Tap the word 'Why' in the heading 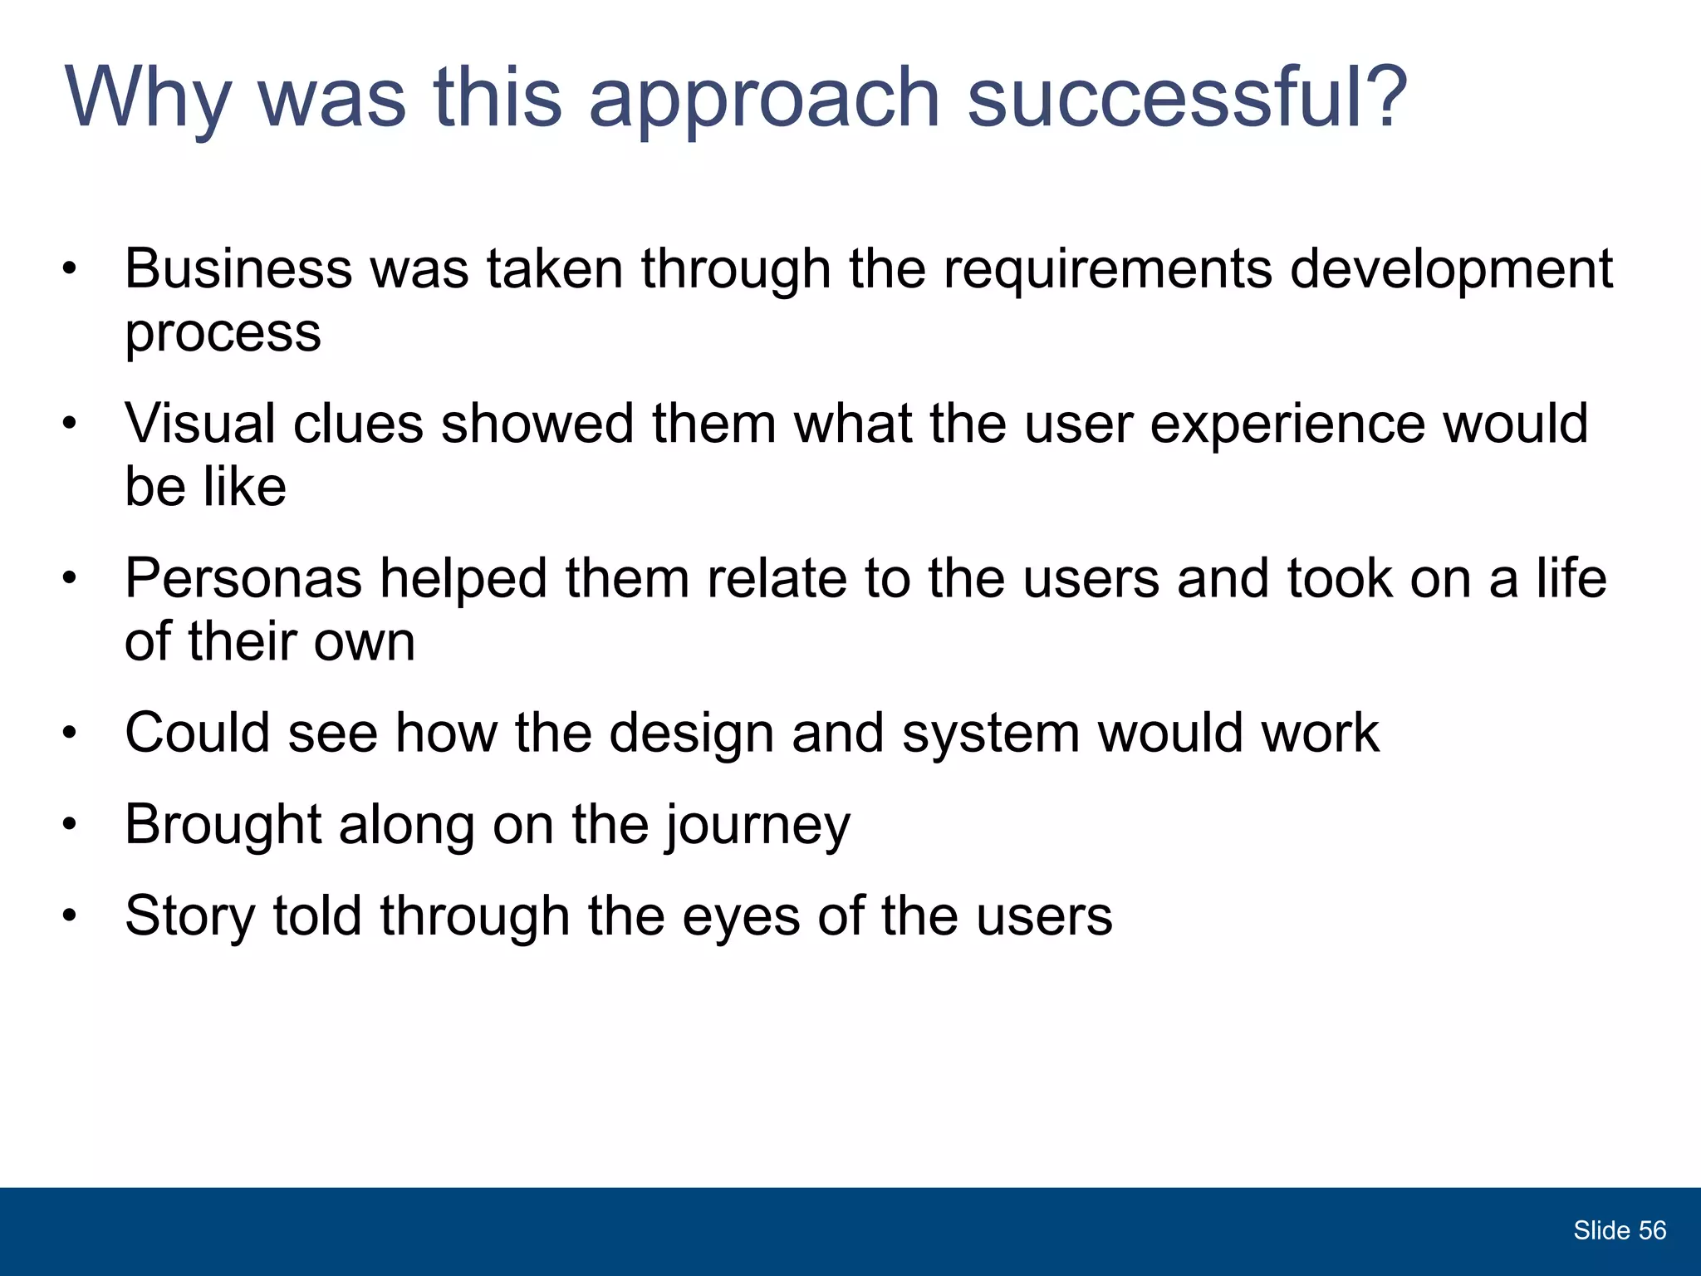[148, 100]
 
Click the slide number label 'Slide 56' [1619, 1230]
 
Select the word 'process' [223, 335]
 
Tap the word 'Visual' [200, 423]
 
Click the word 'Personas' [243, 578]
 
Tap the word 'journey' [757, 827]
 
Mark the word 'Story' [190, 917]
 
